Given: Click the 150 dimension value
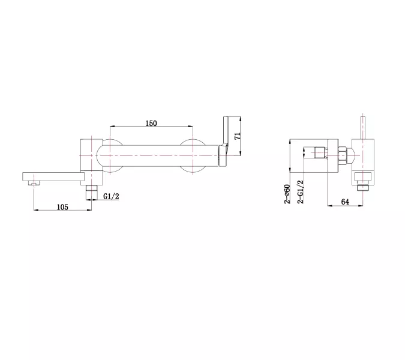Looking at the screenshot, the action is (x=151, y=124).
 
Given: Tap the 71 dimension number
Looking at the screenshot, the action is (x=238, y=136).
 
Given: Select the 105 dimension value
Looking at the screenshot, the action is (x=62, y=207).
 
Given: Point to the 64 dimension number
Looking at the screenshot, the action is (x=345, y=202).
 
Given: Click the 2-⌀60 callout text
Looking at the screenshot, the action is (x=287, y=194).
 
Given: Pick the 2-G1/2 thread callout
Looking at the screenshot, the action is (x=301, y=192).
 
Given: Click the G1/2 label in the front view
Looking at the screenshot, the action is (x=112, y=196).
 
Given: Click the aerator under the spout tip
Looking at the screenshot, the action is (x=34, y=183).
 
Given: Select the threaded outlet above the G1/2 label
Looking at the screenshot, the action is (x=92, y=192).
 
